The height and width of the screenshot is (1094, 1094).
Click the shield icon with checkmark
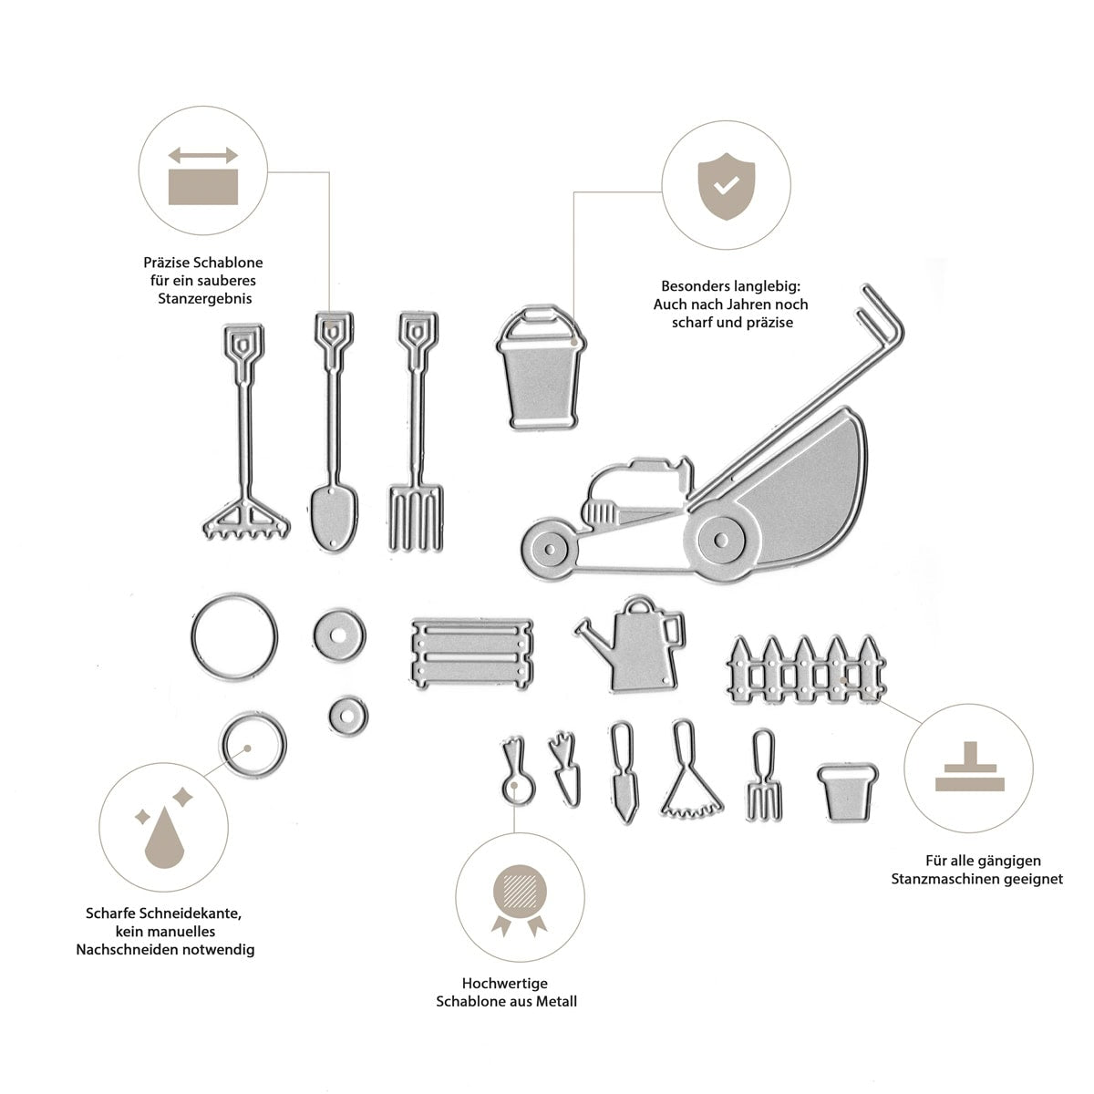726,186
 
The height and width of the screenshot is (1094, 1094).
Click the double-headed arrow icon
202,155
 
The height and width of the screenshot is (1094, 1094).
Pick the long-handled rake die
246,431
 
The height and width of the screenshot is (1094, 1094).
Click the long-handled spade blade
334,517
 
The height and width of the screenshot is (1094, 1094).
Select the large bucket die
541,368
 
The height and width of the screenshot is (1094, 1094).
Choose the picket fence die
807,670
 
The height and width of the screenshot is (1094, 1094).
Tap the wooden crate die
472,654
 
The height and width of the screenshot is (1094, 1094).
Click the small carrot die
564,769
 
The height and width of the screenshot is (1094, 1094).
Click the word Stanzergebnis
204,299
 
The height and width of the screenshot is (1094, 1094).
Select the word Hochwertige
505,984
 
